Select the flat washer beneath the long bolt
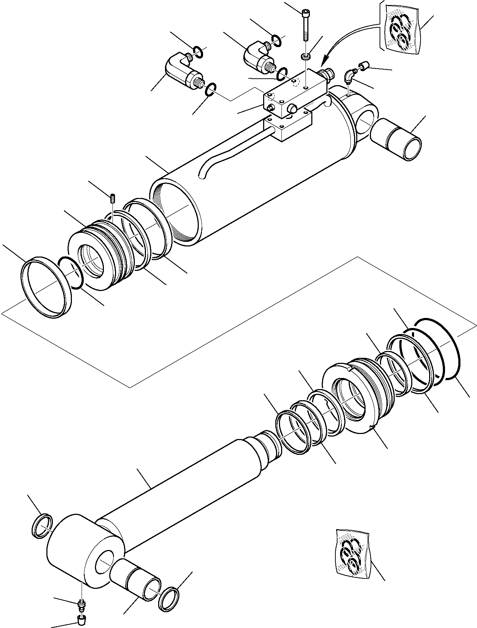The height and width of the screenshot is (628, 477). (x=306, y=56)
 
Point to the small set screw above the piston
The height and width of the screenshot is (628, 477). (x=113, y=198)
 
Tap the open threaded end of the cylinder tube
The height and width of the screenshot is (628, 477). (x=176, y=212)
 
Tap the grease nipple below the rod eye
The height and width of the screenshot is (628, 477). (x=82, y=605)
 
